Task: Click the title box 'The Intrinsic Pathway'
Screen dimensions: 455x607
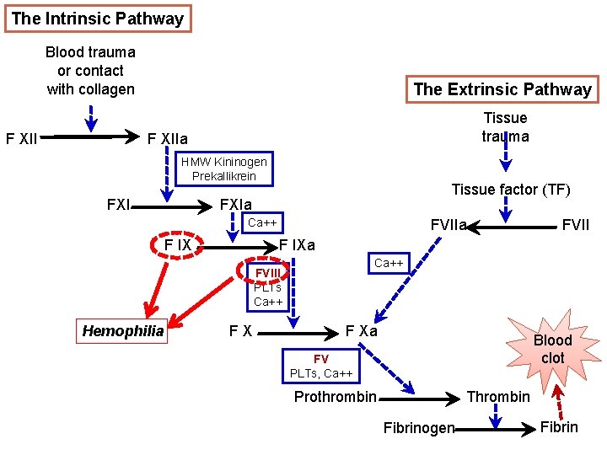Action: (x=97, y=19)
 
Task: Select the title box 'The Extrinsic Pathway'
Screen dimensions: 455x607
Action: (x=502, y=89)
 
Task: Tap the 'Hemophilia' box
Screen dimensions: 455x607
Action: (x=123, y=331)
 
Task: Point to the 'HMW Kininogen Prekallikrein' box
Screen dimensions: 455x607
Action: (x=223, y=169)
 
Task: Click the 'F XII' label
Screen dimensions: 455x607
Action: (x=21, y=138)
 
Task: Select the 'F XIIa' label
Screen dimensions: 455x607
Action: (x=168, y=138)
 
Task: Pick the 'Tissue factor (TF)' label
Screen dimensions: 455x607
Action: (x=511, y=190)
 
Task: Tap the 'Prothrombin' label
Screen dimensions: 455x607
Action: (x=335, y=397)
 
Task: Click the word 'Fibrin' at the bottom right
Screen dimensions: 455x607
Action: (x=559, y=427)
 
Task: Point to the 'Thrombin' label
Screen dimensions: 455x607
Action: (x=498, y=397)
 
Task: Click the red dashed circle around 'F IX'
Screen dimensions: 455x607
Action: (x=177, y=245)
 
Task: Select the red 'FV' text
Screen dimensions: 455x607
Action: (x=320, y=358)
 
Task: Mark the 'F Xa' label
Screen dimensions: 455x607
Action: (x=362, y=331)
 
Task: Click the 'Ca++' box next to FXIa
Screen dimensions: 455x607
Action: (x=262, y=222)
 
